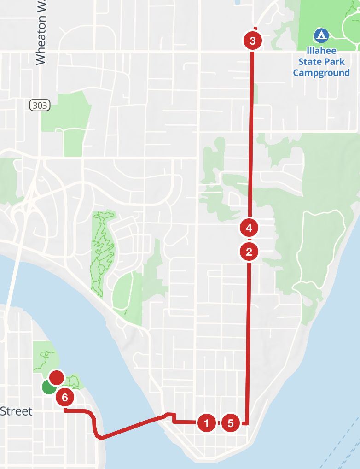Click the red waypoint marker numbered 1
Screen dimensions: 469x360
pyautogui.click(x=206, y=423)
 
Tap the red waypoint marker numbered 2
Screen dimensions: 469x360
pyautogui.click(x=249, y=252)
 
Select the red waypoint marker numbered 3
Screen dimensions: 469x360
pyautogui.click(x=252, y=41)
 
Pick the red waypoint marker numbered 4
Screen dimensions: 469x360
pyautogui.click(x=249, y=227)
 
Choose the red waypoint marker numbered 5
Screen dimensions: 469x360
pyautogui.click(x=231, y=423)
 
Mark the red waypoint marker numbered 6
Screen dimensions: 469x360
pyautogui.click(x=65, y=397)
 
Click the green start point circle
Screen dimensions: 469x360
pyautogui.click(x=48, y=387)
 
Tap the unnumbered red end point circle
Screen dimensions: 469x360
pyautogui.click(x=56, y=377)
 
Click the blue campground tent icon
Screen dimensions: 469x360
pyautogui.click(x=321, y=35)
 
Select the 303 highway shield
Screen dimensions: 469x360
pyautogui.click(x=40, y=106)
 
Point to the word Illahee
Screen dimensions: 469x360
pyautogui.click(x=321, y=51)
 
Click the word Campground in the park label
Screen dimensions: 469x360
pyautogui.click(x=321, y=73)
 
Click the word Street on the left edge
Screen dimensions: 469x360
pyautogui.click(x=17, y=411)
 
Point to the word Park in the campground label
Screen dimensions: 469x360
pyautogui.click(x=336, y=62)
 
